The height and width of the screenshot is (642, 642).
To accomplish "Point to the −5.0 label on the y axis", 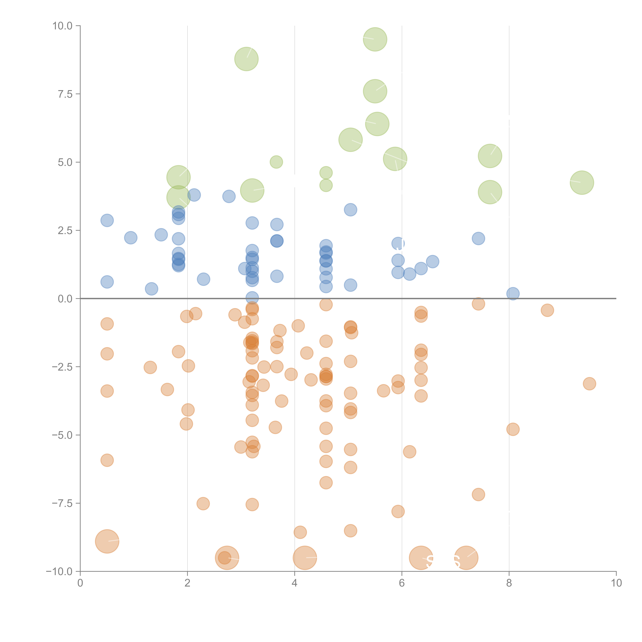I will pos(62,435).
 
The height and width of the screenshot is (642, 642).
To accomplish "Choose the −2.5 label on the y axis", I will pos(62,367).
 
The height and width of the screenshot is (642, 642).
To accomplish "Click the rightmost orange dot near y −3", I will pos(589,384).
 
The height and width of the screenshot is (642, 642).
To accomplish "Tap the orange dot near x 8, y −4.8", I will pos(513,429).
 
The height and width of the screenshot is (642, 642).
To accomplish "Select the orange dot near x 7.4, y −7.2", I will pos(478,494).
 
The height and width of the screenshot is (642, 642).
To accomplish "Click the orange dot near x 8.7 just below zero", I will pos(547,310).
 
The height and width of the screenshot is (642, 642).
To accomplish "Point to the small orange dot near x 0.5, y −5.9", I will pos(107,460).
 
